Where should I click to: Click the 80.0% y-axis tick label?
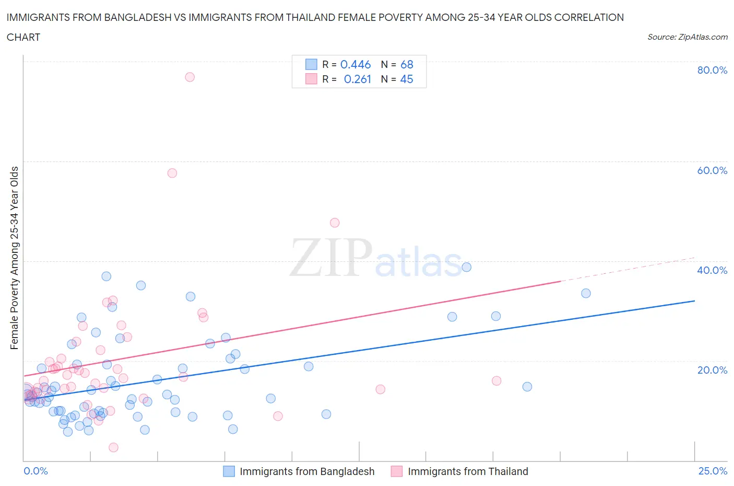click(x=712, y=70)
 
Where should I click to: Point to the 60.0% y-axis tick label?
click(x=712, y=170)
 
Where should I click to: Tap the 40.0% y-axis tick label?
click(x=712, y=270)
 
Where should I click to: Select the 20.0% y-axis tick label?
click(x=712, y=370)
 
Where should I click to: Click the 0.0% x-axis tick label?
click(x=35, y=471)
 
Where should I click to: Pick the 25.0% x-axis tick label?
click(x=713, y=471)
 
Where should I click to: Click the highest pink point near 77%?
click(x=190, y=77)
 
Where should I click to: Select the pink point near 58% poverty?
click(x=172, y=173)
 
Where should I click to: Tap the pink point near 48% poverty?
click(x=335, y=223)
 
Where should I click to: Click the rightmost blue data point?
click(x=586, y=293)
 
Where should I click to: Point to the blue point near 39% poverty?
click(x=467, y=267)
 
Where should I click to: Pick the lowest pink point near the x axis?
click(x=113, y=447)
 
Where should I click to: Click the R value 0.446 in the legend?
click(x=355, y=64)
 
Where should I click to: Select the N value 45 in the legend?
click(x=406, y=79)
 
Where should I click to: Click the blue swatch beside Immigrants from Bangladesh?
click(x=229, y=471)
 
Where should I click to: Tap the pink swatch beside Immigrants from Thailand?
click(x=397, y=471)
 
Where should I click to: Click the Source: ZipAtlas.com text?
click(x=687, y=37)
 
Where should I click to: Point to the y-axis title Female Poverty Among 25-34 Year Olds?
click(x=14, y=258)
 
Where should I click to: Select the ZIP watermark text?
click(x=331, y=257)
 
